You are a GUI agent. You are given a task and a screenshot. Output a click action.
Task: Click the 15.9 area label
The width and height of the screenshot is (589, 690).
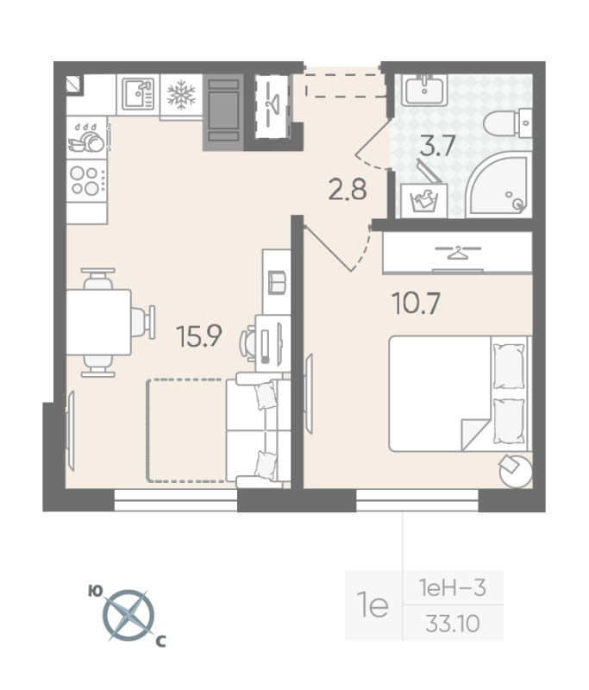199,336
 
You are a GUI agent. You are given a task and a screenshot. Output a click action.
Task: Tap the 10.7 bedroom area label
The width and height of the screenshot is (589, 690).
416,304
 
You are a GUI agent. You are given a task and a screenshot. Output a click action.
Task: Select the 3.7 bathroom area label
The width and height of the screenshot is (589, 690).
437,146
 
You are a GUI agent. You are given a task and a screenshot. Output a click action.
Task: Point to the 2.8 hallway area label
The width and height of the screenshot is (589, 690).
348,190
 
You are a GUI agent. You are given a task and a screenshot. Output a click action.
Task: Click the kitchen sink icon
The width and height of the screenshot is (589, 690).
138,94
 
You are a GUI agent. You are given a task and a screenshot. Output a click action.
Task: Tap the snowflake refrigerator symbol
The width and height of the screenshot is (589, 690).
181,95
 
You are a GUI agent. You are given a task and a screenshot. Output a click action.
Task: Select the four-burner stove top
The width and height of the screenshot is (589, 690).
86,180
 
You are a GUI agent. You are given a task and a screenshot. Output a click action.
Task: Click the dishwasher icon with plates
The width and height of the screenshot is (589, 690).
86,138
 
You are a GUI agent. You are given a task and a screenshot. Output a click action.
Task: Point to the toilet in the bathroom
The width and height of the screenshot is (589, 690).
508,123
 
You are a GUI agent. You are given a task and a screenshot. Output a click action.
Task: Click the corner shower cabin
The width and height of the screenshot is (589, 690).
498,185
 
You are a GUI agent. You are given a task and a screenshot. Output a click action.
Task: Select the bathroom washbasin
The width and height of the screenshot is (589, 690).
424,90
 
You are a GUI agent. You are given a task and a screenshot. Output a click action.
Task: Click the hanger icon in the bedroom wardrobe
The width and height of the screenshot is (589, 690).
458,253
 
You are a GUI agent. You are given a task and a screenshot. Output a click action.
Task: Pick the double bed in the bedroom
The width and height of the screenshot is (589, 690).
461,394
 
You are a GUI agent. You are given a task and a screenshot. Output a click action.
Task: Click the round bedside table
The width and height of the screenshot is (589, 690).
516,471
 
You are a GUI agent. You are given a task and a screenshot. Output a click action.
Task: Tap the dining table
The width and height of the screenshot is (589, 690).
98,322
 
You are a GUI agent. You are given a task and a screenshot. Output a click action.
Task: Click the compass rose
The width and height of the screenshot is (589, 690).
128,615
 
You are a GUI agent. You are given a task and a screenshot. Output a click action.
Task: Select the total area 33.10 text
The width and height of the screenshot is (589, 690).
452,624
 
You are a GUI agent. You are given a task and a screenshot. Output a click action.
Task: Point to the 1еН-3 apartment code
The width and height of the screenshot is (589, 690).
452,588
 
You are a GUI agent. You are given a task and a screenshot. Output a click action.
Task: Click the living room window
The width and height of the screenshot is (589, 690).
176,500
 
